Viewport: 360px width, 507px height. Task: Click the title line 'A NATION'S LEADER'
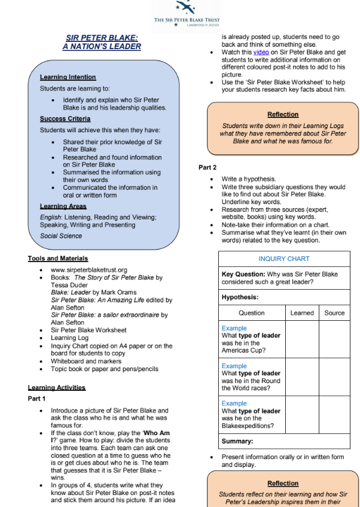point(102,47)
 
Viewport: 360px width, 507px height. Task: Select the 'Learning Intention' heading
point(68,77)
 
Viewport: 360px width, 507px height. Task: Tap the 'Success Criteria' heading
point(65,119)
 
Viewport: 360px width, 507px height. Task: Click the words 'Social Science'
point(61,236)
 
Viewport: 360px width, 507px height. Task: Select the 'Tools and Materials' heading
point(57,259)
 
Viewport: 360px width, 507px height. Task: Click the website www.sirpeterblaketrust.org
point(89,270)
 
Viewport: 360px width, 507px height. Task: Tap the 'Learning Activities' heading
point(56,387)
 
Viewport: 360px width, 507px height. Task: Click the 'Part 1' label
point(36,399)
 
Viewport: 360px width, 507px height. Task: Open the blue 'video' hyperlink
point(261,53)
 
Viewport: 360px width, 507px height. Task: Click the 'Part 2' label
point(208,168)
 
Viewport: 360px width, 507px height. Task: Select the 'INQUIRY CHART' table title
point(284,259)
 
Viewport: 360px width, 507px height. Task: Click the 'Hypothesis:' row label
point(240,297)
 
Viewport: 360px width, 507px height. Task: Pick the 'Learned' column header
point(302,312)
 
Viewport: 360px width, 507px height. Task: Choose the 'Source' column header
point(334,312)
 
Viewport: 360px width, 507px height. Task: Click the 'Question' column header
point(251,312)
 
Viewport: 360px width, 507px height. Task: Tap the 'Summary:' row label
point(237,441)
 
